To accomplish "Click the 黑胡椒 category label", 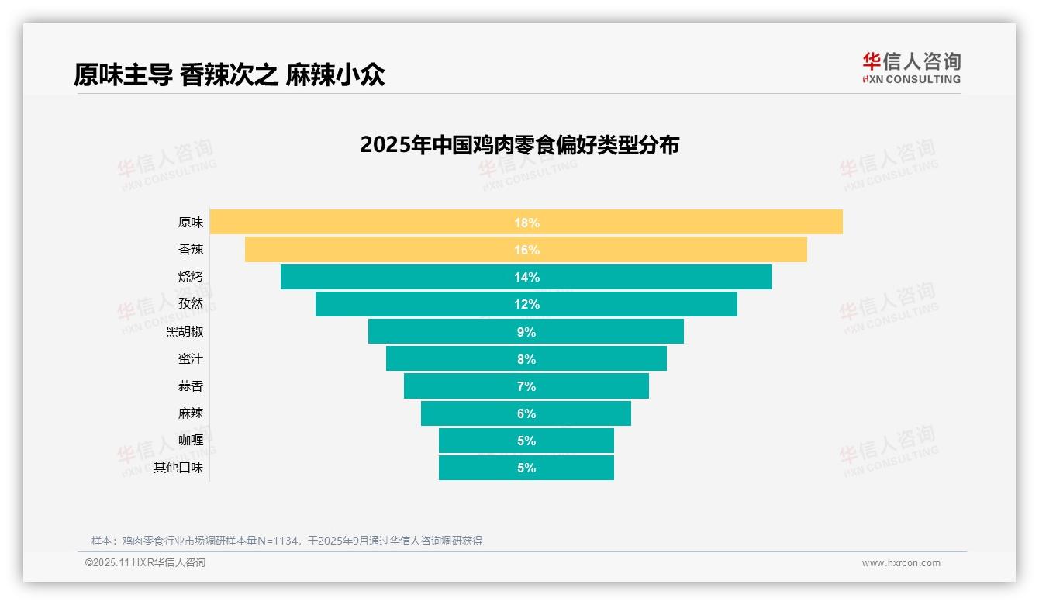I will click(185, 331).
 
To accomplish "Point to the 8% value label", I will click(526, 359).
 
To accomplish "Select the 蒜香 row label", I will click(191, 385).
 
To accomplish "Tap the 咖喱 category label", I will click(191, 440).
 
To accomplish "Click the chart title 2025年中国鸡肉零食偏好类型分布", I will click(519, 145).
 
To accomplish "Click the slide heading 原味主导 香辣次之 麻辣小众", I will click(230, 74).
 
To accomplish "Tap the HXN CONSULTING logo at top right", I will click(911, 68).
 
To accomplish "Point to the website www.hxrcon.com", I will click(901, 563).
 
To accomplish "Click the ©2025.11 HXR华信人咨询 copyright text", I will click(145, 563).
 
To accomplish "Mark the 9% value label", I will click(526, 332).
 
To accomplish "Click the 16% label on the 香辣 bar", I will click(526, 250).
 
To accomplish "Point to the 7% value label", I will click(526, 386).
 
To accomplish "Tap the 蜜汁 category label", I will click(191, 358).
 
